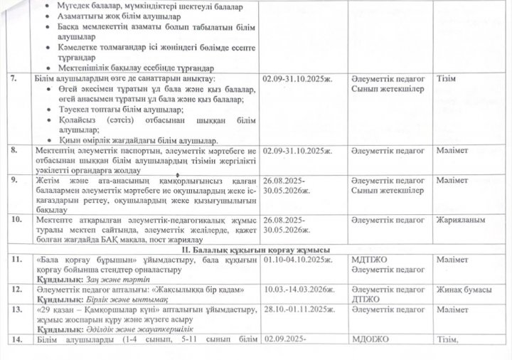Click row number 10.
tap(16, 221)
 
